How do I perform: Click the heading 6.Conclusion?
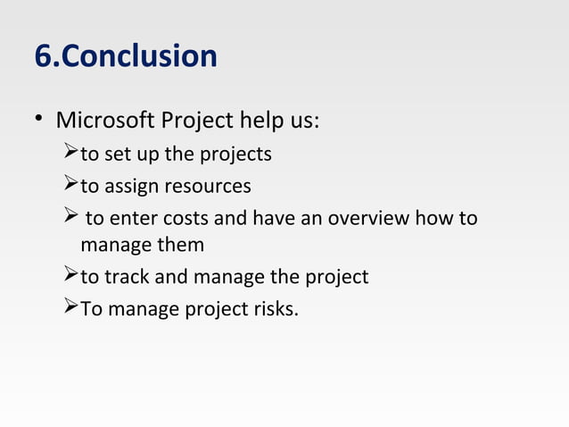point(125,56)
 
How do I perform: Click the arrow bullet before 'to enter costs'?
point(73,218)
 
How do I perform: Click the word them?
point(181,245)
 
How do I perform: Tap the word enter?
point(131,219)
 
